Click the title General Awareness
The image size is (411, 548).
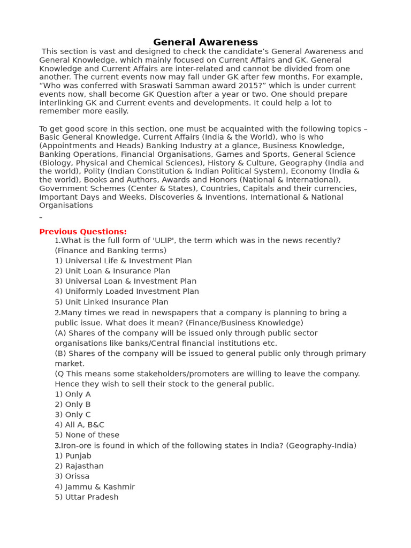click(205, 42)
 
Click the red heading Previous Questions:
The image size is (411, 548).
click(83, 232)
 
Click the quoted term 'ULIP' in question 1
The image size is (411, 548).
click(164, 240)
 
